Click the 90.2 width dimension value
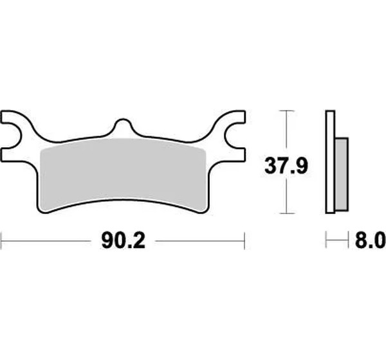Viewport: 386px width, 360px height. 123,241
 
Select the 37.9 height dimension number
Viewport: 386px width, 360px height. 286,166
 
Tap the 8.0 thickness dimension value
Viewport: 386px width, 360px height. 370,241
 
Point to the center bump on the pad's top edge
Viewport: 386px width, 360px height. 122,124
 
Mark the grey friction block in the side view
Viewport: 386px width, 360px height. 342,174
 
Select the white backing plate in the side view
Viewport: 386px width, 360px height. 330,162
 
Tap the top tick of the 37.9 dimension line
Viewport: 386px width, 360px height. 286,111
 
